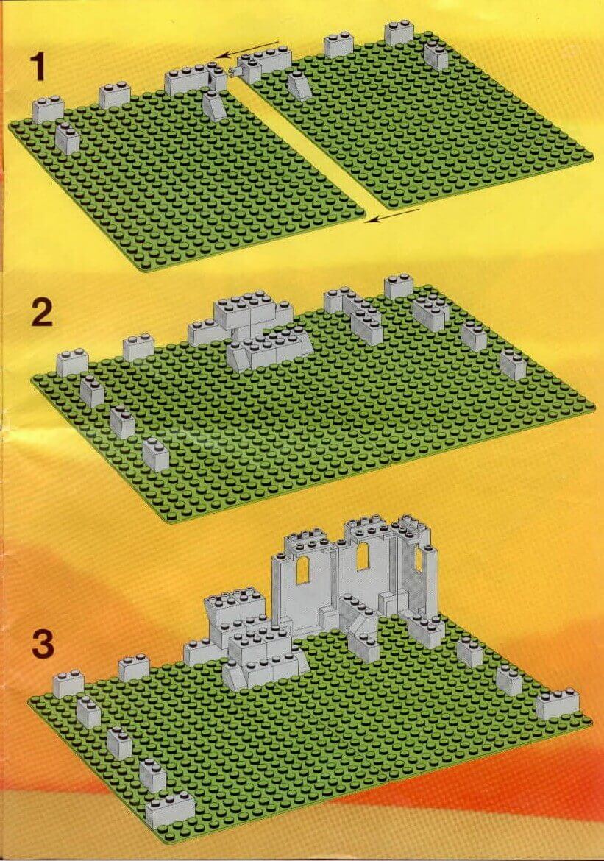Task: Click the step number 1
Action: (38, 66)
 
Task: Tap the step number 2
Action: (42, 313)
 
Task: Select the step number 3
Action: (43, 644)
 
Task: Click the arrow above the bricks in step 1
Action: (250, 49)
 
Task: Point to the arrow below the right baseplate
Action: (393, 215)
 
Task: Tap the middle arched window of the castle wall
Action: (362, 556)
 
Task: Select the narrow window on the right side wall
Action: (419, 561)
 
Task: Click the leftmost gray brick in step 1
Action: (48, 109)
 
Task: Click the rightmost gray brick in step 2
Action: (514, 364)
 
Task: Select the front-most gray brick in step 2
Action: (156, 455)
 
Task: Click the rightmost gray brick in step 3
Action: (558, 704)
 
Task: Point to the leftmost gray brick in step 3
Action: (68, 684)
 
